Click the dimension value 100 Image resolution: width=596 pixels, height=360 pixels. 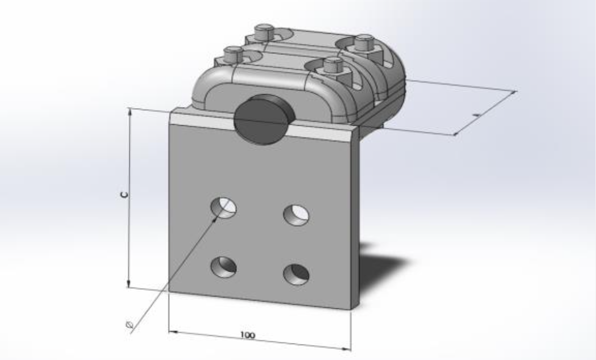[x=247, y=335]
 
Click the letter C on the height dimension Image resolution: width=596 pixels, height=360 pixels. [x=123, y=195]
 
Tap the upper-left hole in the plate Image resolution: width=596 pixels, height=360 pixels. [x=223, y=207]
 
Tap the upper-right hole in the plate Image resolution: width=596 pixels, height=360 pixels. [x=296, y=214]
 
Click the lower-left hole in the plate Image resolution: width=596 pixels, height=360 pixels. [x=224, y=266]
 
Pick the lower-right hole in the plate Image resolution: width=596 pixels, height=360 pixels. [x=296, y=274]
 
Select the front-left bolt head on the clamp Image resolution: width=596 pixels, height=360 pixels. [x=232, y=53]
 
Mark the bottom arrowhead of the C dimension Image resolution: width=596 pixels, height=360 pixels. [x=129, y=284]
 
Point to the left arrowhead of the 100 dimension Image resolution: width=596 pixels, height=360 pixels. [x=171, y=332]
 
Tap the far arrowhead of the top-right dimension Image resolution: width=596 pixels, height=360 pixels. [x=513, y=93]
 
